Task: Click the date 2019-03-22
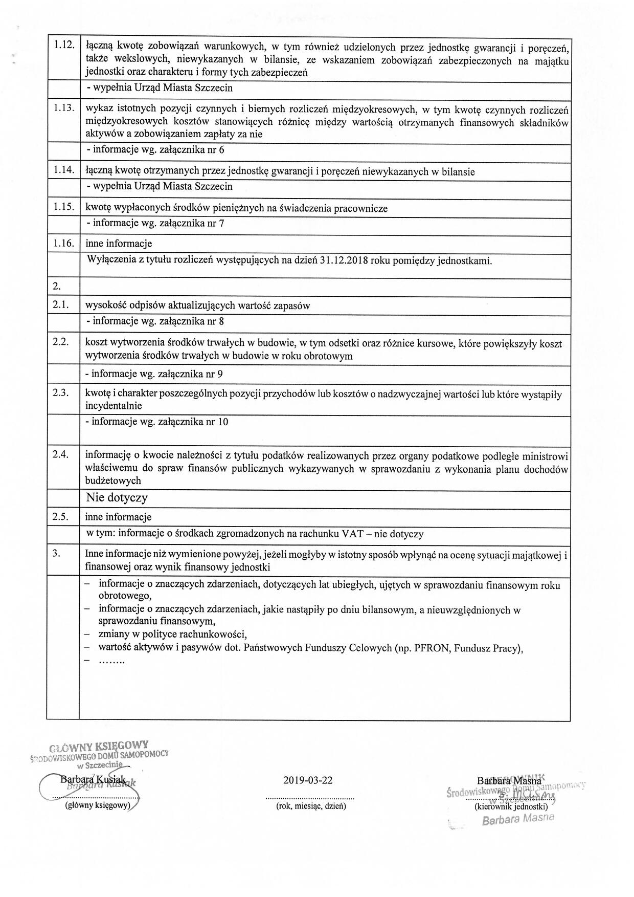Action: [307, 780]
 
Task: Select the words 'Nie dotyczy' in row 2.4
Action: [117, 497]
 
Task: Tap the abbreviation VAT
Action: [353, 534]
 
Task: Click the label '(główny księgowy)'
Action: [97, 805]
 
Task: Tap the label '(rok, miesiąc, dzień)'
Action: [311, 806]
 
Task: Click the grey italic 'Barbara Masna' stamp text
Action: [517, 819]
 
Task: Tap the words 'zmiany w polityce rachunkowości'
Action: [172, 635]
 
